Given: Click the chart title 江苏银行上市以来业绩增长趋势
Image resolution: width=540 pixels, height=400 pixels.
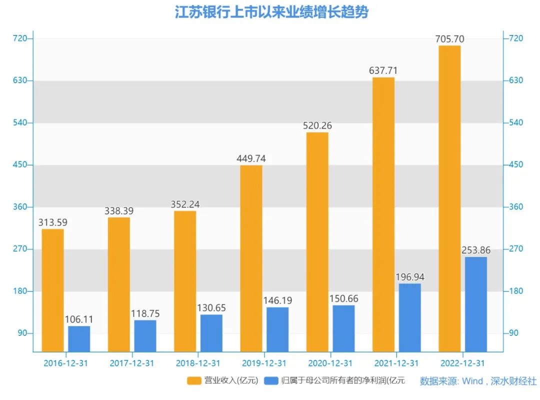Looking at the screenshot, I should pos(271,12).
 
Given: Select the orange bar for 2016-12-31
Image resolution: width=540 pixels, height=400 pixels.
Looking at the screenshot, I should pos(52,290).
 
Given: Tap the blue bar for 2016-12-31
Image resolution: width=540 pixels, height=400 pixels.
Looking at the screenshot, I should pos(79,338).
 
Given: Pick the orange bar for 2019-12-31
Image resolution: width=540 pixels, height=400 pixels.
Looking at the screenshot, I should pos(251,258).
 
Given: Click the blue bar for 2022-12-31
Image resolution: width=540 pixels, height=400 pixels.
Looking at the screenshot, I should pos(476,304).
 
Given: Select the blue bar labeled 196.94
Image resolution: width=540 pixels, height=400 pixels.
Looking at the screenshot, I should pos(410,317).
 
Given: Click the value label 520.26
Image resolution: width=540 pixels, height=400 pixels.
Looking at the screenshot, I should pos(317,125).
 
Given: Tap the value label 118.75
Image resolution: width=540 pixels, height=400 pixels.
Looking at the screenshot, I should pos(145,313).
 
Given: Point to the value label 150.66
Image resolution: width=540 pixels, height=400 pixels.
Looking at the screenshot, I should pos(343,298).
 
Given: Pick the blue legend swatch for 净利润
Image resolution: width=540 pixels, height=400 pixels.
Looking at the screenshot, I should pos(270,381).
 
